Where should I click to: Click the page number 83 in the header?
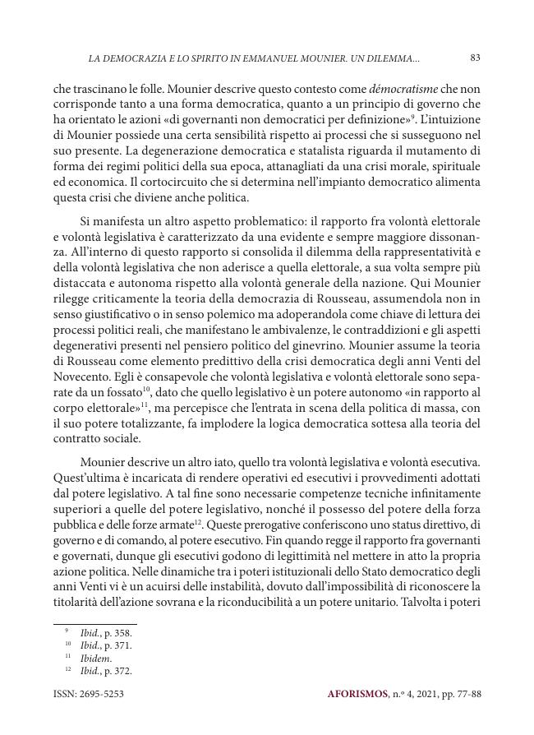475,58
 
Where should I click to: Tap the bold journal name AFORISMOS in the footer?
357,695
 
